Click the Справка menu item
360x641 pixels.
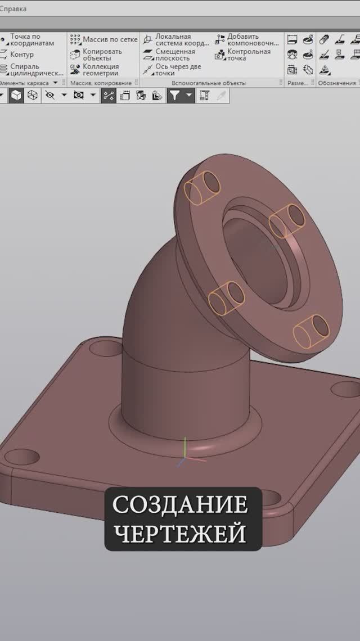click(13, 9)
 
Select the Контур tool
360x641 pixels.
click(21, 55)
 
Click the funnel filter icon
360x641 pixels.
click(175, 96)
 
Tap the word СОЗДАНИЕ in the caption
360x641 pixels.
click(180, 504)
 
